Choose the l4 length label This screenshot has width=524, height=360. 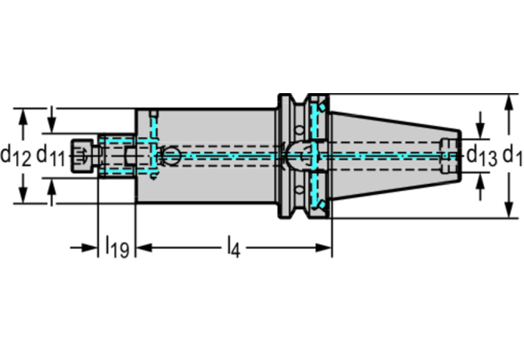click(232, 249)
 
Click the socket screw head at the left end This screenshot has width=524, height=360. click(82, 155)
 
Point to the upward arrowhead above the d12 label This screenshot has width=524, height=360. click(23, 114)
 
